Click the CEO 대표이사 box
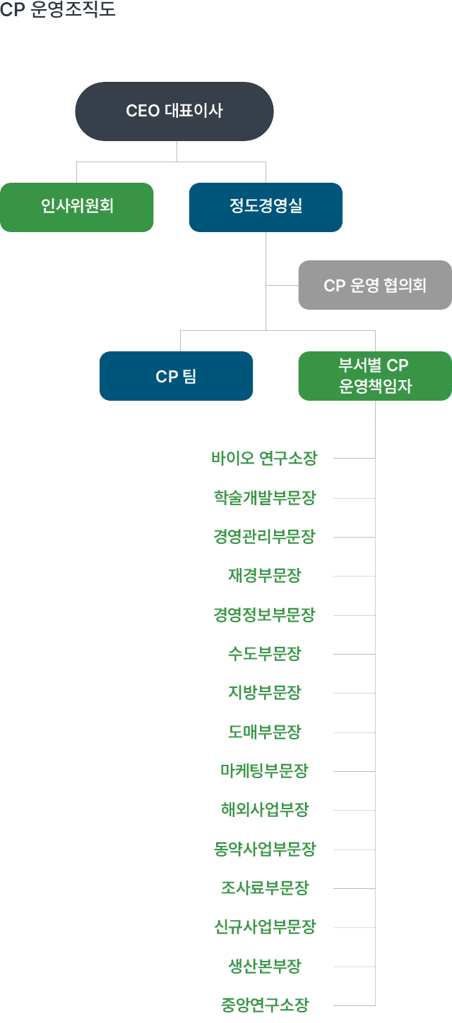click(x=174, y=111)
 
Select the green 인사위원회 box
click(x=77, y=207)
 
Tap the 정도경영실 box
click(x=266, y=207)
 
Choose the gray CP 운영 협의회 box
click(x=374, y=285)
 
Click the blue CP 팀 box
click(x=176, y=376)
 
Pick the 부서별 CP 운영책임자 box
click(x=374, y=376)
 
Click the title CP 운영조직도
click(x=58, y=9)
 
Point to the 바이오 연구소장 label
click(x=264, y=459)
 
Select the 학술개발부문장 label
click(x=264, y=498)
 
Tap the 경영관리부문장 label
click(x=264, y=537)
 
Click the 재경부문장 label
click(x=264, y=576)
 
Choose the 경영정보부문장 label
click(x=264, y=615)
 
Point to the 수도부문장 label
click(x=264, y=654)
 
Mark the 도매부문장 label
click(x=264, y=732)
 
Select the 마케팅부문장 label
click(x=264, y=771)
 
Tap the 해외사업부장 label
click(x=264, y=810)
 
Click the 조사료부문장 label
click(x=264, y=888)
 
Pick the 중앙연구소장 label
click(x=264, y=1005)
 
